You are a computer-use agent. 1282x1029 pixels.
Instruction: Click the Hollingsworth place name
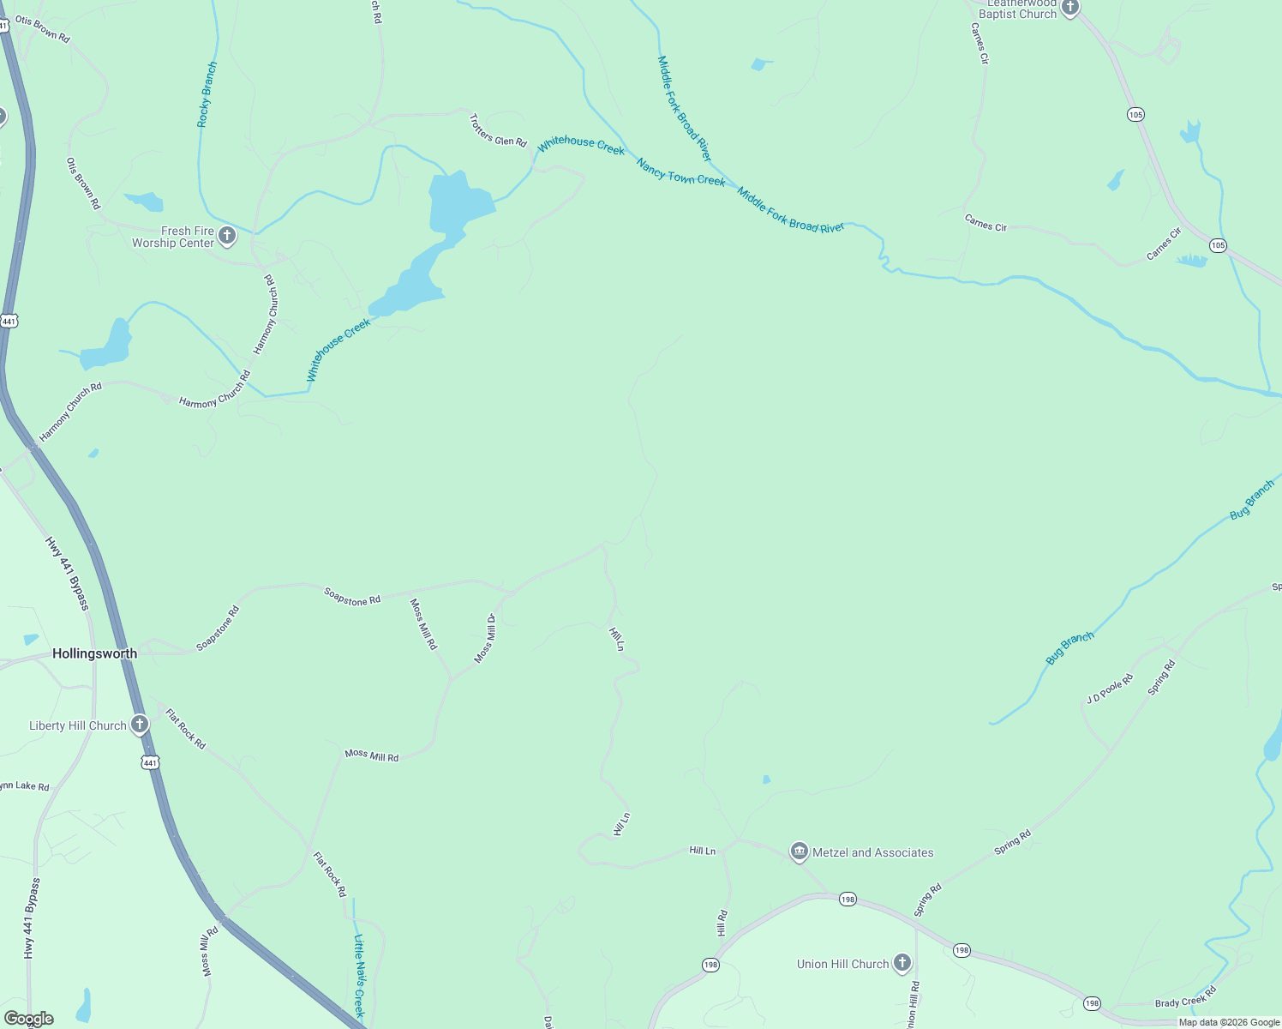pyautogui.click(x=94, y=653)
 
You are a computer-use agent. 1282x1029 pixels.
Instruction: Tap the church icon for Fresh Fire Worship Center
pyautogui.click(x=227, y=236)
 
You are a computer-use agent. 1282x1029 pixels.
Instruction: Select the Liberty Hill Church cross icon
pyautogui.click(x=140, y=725)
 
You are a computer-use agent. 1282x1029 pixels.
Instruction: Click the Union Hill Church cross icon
pyautogui.click(x=902, y=963)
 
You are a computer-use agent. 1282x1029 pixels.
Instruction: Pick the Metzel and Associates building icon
pyautogui.click(x=799, y=851)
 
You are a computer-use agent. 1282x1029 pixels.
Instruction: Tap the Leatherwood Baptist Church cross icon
pyautogui.click(x=1069, y=8)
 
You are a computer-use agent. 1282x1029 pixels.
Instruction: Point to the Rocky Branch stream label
pyautogui.click(x=207, y=94)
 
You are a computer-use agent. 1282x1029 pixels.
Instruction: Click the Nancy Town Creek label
pyautogui.click(x=680, y=171)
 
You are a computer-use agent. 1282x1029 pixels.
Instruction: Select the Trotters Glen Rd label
pyautogui.click(x=498, y=131)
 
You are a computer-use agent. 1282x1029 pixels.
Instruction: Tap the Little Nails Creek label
pyautogui.click(x=359, y=975)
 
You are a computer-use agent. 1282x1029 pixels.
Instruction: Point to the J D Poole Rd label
pyautogui.click(x=1110, y=689)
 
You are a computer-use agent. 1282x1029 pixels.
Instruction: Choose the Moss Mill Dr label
pyautogui.click(x=486, y=638)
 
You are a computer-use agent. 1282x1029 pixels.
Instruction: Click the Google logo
pyautogui.click(x=28, y=1019)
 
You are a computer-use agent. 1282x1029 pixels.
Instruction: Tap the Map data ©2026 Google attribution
pyautogui.click(x=1229, y=1022)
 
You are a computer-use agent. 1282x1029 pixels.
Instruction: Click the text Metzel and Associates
pyautogui.click(x=872, y=852)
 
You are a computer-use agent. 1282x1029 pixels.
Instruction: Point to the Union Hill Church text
pyautogui.click(x=842, y=964)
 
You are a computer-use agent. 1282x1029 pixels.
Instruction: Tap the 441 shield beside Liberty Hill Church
pyautogui.click(x=151, y=762)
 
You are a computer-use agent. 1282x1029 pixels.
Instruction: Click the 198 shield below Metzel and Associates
pyautogui.click(x=848, y=899)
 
